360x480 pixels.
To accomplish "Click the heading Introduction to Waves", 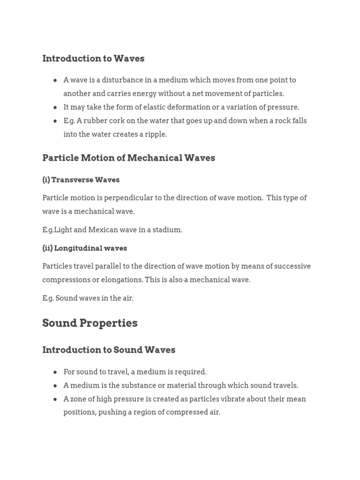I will tap(93, 59).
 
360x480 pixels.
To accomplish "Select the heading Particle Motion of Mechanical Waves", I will tap(128, 158).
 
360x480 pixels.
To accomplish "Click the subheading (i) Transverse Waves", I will tap(81, 180).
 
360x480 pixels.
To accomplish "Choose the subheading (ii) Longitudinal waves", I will tap(84, 248).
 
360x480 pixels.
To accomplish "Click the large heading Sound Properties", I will tap(90, 323).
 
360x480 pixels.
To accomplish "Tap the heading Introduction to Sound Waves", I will tap(109, 350).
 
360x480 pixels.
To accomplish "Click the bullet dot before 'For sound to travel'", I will tap(55, 372).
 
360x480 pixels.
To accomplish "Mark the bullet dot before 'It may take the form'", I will tap(55, 107).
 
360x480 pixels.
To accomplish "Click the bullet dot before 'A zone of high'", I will tap(55, 399).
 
